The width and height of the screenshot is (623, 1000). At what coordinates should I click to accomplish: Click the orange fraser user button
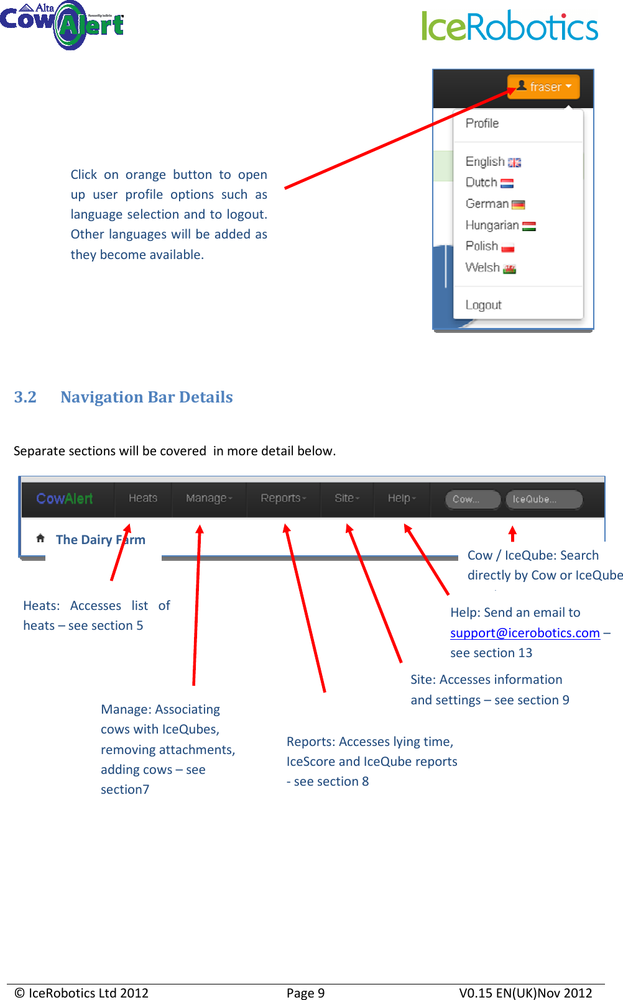point(543,87)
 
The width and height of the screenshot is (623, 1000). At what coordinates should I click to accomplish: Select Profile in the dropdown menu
point(482,124)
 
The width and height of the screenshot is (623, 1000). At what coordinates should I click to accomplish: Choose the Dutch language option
point(482,183)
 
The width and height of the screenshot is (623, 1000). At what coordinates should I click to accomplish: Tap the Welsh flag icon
point(510,269)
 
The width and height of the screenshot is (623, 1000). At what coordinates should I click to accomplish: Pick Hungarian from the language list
point(492,225)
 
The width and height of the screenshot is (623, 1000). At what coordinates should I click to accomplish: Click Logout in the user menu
point(483,305)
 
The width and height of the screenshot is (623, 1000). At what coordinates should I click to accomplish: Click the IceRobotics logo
point(510,26)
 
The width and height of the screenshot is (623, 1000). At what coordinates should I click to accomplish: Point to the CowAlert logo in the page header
point(62,25)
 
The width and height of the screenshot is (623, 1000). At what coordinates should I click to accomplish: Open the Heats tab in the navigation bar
point(143,498)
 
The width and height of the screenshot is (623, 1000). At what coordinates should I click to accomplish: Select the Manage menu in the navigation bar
point(209,498)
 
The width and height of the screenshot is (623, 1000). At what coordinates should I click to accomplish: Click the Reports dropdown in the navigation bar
point(284,498)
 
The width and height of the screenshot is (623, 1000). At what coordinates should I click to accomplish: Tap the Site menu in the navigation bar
point(347,498)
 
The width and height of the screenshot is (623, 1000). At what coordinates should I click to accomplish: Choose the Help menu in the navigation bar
point(402,498)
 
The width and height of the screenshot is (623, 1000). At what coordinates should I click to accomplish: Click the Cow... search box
point(473,499)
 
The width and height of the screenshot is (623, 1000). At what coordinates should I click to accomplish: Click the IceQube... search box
point(544,499)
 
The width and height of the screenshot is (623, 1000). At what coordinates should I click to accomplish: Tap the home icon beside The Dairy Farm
point(40,538)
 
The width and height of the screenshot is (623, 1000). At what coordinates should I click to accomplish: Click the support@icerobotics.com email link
point(525,633)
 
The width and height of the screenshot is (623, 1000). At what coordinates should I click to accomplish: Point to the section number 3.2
point(25,398)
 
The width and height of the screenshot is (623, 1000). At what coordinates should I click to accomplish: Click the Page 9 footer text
point(305,993)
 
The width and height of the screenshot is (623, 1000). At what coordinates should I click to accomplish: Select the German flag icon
point(519,204)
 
